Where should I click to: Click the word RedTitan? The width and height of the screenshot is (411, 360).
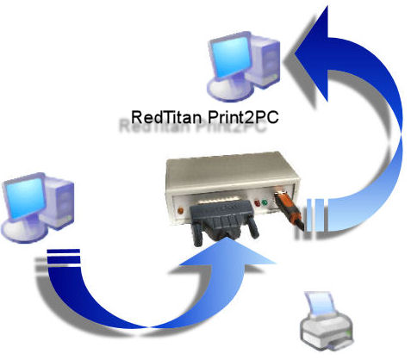pos(165,117)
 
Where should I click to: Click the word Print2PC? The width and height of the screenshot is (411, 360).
pos(243,117)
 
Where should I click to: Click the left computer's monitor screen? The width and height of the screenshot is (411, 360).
pos(25,198)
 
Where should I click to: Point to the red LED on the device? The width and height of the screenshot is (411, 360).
pos(258,203)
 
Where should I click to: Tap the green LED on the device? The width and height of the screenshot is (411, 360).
pos(265,202)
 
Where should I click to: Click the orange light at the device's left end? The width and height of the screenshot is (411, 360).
pos(181,211)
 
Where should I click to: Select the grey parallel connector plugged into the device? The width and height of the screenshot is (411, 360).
pos(223,221)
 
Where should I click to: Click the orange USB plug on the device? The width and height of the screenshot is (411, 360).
pos(288,208)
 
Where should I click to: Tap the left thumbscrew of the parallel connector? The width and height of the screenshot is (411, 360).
pos(197,233)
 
